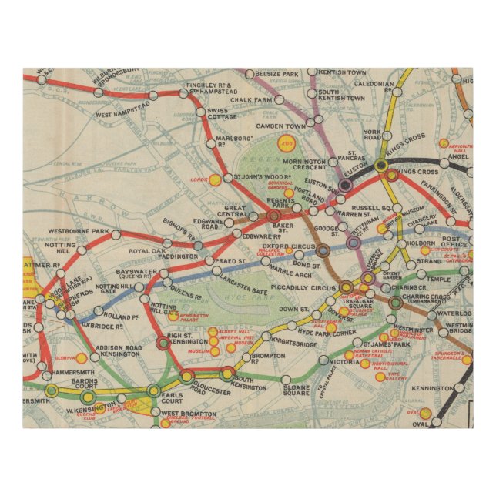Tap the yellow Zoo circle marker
(287, 142)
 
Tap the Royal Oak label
(146, 251)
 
